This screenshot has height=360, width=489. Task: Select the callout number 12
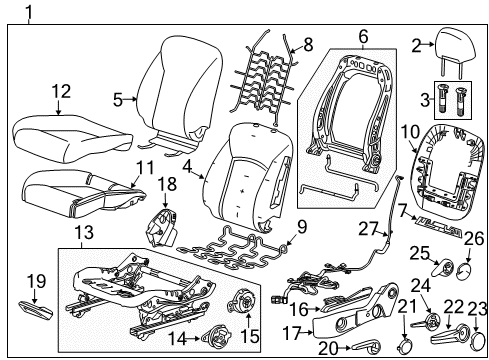61,92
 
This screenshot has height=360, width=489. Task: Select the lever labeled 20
365,345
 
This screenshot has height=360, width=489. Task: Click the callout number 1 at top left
29,14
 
